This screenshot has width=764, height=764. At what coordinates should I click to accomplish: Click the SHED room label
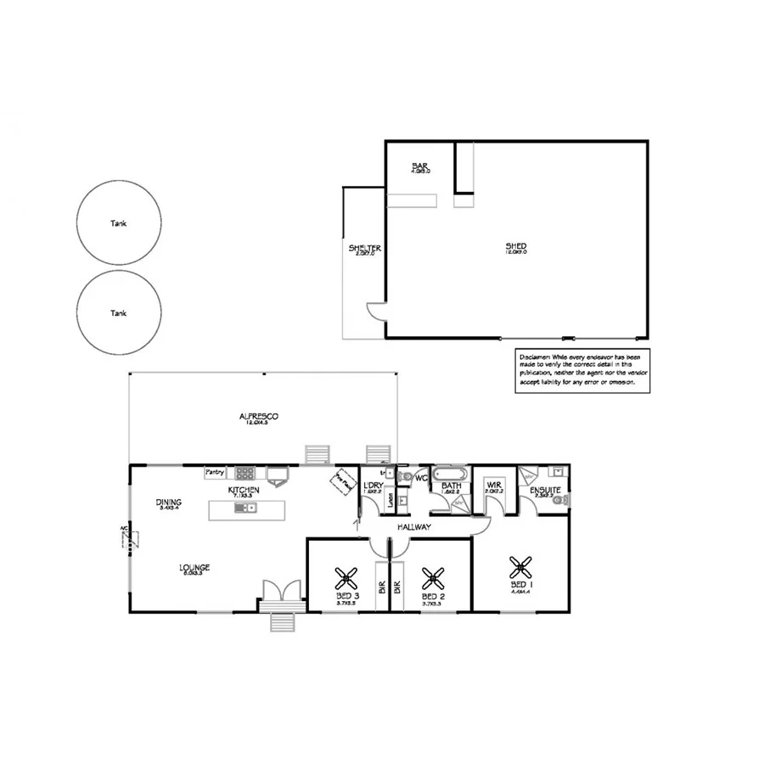[516, 247]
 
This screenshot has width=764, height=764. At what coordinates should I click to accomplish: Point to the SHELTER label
[365, 249]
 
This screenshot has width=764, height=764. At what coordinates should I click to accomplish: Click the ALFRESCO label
[259, 416]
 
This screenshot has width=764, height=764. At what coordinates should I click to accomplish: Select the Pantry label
[215, 473]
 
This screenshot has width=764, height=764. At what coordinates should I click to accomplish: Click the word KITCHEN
[243, 491]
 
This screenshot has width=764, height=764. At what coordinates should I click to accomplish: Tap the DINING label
[169, 503]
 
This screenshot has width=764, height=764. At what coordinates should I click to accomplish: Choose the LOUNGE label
[194, 567]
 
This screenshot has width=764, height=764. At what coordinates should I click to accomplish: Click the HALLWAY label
[413, 527]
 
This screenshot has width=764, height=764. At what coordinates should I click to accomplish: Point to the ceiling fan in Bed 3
[346, 579]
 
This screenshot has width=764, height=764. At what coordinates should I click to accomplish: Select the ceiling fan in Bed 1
[520, 566]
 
